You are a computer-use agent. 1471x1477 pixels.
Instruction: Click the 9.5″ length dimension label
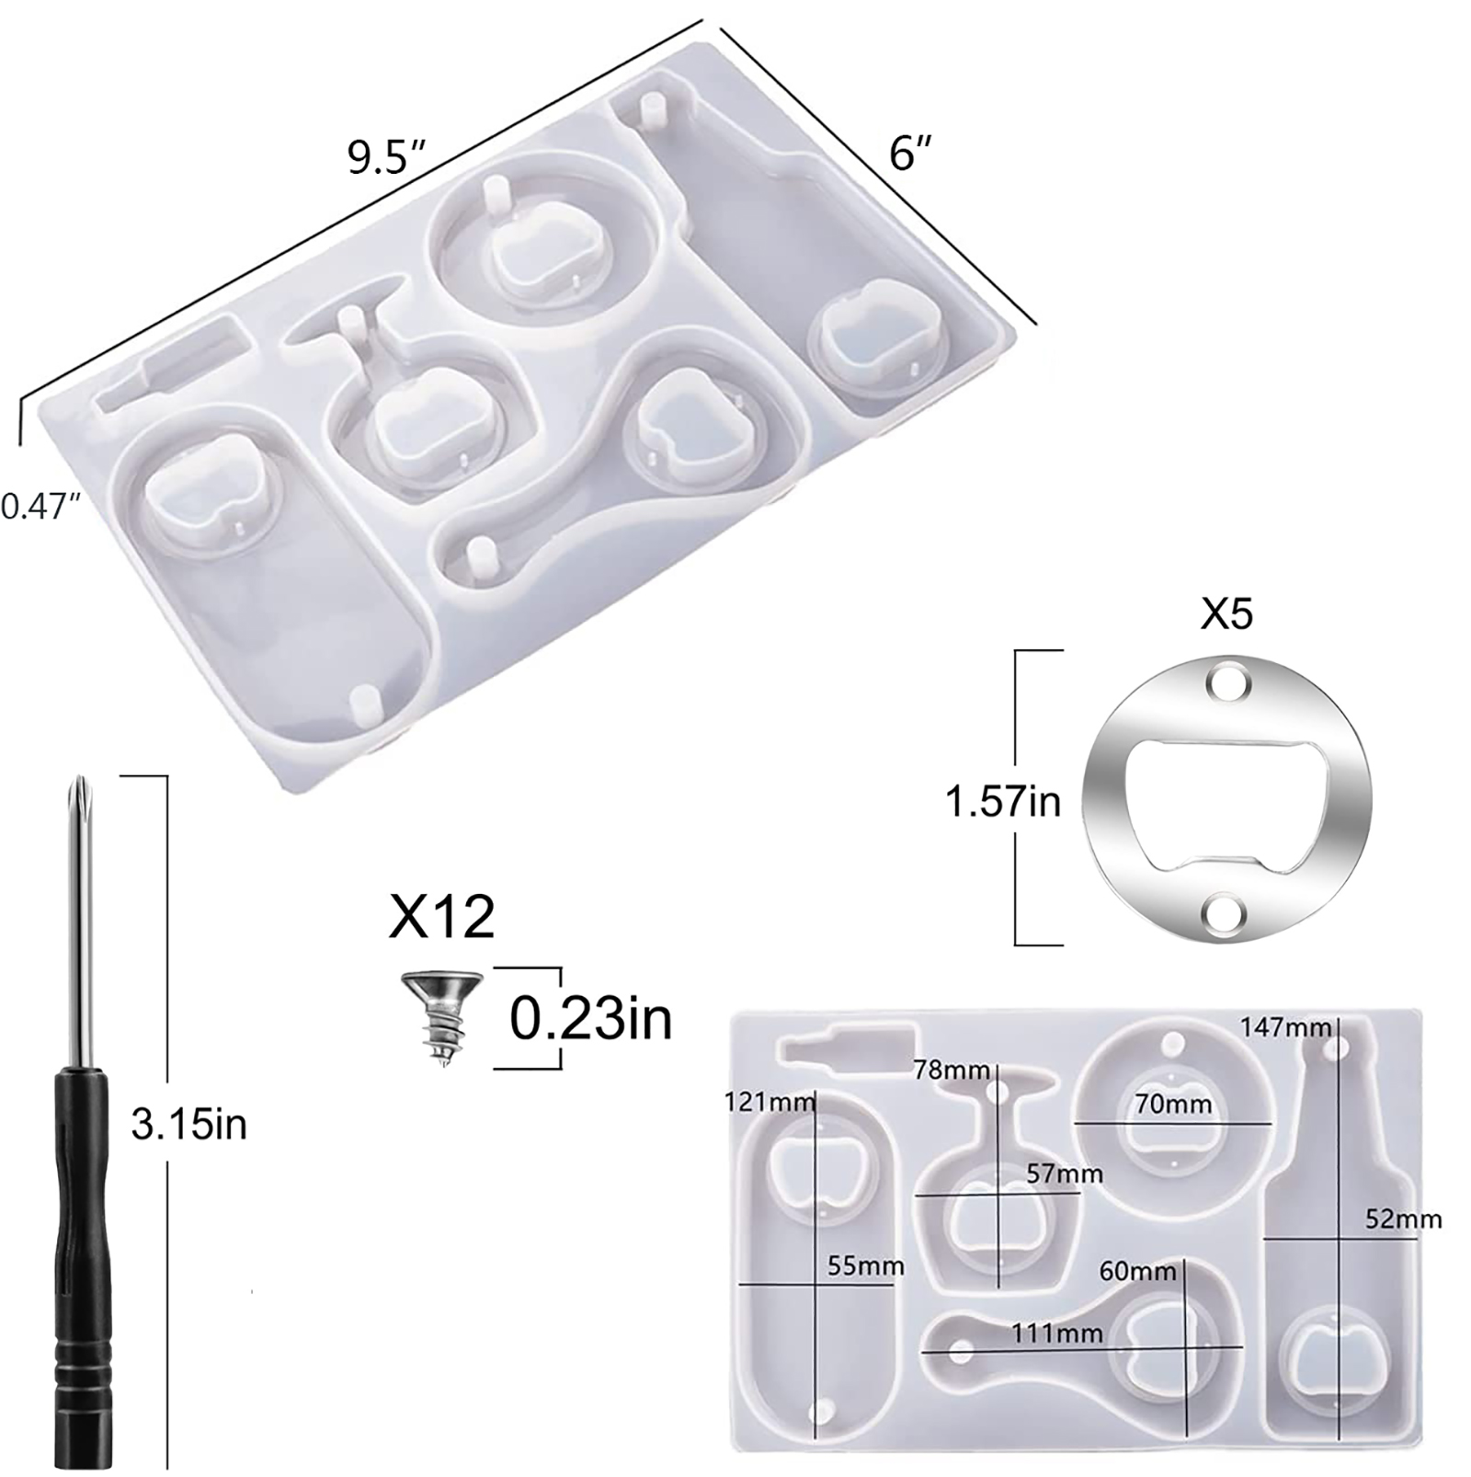386,157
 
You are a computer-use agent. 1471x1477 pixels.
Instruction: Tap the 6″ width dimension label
910,152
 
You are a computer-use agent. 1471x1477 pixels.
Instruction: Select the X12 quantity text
442,916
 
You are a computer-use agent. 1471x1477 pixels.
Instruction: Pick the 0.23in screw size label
591,1018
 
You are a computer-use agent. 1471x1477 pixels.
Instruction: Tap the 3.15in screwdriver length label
189,1124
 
